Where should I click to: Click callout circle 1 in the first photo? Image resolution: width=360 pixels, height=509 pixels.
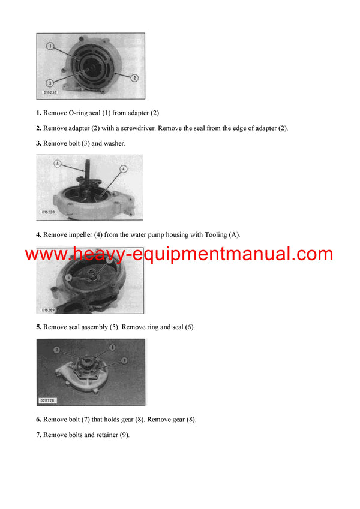click(x=50, y=46)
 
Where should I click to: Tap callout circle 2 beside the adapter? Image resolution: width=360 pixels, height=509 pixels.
click(x=134, y=77)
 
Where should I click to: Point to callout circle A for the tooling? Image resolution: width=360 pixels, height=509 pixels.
click(x=57, y=162)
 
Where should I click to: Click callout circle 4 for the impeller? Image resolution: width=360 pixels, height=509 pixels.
click(x=122, y=169)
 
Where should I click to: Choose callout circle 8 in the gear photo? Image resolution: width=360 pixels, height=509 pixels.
click(x=112, y=347)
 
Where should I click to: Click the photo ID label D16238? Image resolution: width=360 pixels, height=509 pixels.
click(x=51, y=94)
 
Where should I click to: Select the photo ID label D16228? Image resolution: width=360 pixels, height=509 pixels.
click(x=49, y=212)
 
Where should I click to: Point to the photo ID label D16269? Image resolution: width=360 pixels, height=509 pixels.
click(x=49, y=310)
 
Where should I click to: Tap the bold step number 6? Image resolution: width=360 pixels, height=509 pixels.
click(x=38, y=420)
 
